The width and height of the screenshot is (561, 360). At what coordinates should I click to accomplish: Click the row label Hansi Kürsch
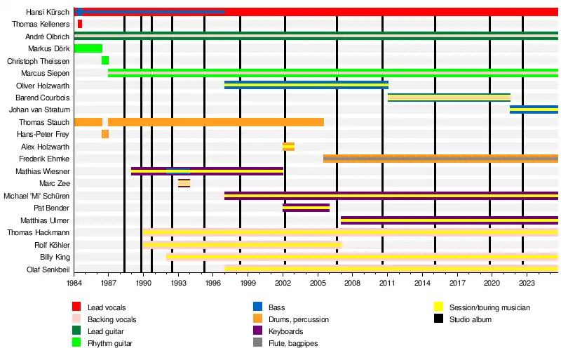48,12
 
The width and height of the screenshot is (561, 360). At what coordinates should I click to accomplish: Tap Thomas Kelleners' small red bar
80,24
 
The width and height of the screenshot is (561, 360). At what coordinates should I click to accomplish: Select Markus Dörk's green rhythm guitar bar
88,48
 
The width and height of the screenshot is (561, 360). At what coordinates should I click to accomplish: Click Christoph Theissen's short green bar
105,61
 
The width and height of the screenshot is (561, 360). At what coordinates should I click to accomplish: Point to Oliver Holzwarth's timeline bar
306,85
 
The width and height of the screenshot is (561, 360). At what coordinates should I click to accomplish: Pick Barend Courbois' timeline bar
449,98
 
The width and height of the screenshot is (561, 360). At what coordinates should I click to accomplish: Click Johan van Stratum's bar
534,109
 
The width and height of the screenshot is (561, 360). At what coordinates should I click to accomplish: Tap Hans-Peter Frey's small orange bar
105,134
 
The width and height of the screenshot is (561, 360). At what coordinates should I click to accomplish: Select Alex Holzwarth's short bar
288,147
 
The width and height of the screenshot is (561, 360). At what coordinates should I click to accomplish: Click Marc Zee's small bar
184,183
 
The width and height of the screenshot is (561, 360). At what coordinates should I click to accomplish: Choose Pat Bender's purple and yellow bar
306,208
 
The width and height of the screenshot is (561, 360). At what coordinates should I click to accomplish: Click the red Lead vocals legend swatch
76,307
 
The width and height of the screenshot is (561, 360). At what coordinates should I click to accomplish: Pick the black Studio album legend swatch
440,319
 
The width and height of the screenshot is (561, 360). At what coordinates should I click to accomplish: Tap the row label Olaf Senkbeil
48,269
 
